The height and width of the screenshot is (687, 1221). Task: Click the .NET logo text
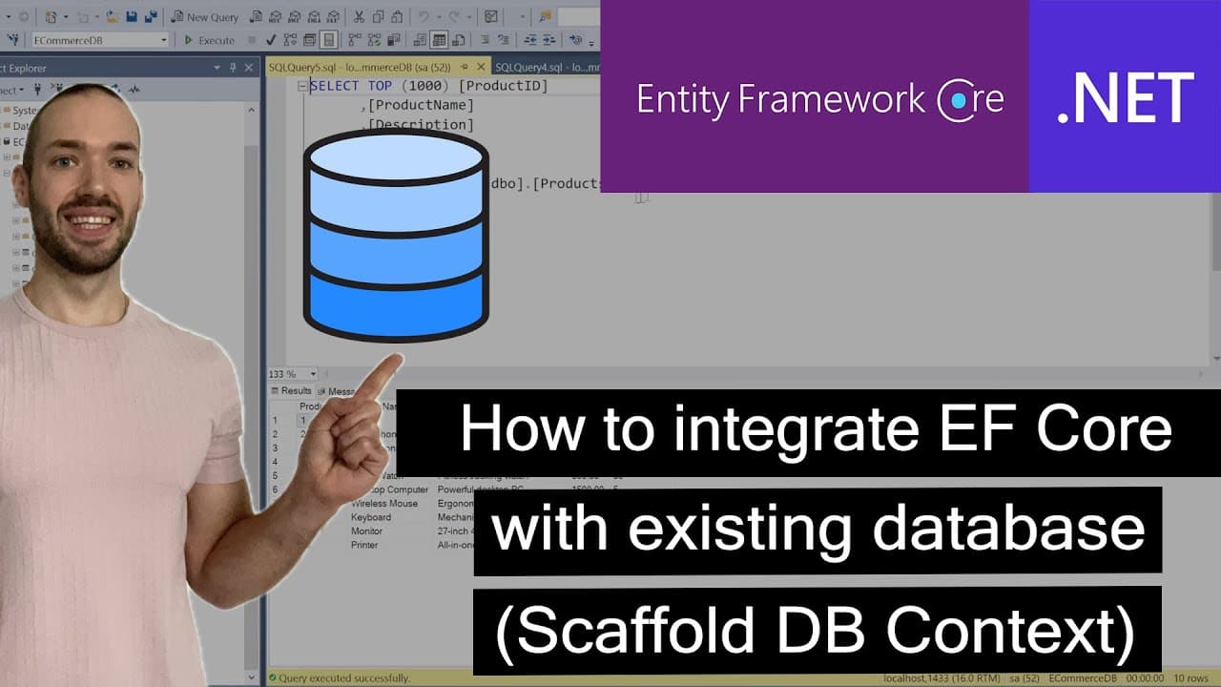pos(1126,98)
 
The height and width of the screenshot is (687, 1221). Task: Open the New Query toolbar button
pos(204,17)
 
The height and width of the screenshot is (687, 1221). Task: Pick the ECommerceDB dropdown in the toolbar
pos(100,40)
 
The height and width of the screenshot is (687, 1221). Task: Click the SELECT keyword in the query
pos(334,86)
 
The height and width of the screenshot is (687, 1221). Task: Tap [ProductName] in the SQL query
pos(421,105)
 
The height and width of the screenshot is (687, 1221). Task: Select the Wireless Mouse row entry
pos(383,503)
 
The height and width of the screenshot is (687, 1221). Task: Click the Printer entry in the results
pos(364,545)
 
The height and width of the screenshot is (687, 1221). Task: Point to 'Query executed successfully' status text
pos(343,678)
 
